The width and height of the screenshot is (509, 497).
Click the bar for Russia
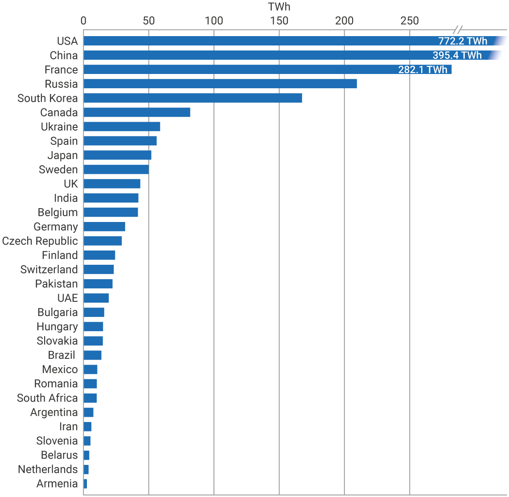(x=220, y=84)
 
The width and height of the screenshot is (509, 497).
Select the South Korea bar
(x=193, y=98)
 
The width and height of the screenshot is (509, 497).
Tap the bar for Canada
(x=137, y=112)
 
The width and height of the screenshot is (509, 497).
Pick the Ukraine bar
(x=122, y=127)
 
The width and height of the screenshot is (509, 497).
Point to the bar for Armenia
(x=85, y=484)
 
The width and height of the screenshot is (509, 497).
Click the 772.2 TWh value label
(x=463, y=41)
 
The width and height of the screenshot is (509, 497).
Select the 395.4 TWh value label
(x=457, y=55)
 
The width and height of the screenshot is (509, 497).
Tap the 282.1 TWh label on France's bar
(x=423, y=70)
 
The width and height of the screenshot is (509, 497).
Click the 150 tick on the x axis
(x=279, y=21)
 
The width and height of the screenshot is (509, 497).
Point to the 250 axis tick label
(x=410, y=21)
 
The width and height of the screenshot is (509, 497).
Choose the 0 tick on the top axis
(x=83, y=21)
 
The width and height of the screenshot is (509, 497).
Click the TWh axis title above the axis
(x=279, y=7)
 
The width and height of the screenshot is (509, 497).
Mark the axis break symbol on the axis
(x=458, y=30)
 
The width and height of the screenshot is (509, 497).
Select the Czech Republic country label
(x=40, y=241)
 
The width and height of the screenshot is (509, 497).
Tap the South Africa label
(x=47, y=398)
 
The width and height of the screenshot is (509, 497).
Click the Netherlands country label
(x=48, y=469)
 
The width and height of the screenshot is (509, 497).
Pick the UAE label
(x=67, y=298)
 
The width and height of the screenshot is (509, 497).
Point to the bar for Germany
(x=104, y=226)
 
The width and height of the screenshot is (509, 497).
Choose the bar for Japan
(x=117, y=155)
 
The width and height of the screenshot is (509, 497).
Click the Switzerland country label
(x=49, y=270)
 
